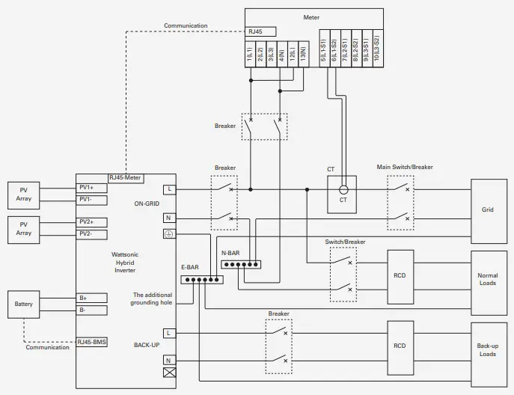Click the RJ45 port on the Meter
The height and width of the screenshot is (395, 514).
[260, 31]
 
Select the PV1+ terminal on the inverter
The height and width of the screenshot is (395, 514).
[92, 187]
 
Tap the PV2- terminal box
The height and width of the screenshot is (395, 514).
[92, 233]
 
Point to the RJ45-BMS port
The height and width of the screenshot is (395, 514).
[92, 342]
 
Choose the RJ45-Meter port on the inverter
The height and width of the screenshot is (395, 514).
[126, 177]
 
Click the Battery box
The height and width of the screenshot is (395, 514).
[23, 304]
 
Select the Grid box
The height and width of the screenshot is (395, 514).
[487, 209]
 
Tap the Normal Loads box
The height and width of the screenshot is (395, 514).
[487, 280]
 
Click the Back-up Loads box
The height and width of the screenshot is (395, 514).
[487, 349]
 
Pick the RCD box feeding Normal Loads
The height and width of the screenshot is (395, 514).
[400, 275]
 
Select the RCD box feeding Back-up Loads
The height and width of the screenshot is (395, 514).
[400, 346]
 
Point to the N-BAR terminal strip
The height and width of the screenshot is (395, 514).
[240, 264]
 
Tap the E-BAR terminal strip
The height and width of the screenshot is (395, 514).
[202, 280]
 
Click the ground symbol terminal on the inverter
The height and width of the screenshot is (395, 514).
[168, 234]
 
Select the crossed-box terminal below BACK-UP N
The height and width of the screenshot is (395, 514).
[168, 373]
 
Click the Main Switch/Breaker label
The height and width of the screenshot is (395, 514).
[405, 167]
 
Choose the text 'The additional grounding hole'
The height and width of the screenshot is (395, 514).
[153, 299]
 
